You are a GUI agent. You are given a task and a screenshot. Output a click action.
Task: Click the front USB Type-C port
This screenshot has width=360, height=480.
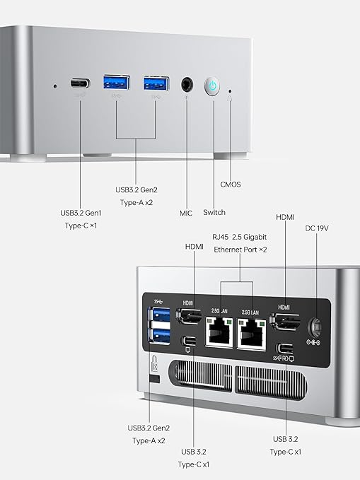[80, 83]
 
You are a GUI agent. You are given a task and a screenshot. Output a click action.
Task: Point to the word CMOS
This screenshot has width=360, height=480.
[230, 185]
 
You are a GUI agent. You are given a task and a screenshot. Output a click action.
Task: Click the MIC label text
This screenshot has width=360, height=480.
[186, 212]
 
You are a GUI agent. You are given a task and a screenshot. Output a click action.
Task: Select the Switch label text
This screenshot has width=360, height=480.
[214, 212]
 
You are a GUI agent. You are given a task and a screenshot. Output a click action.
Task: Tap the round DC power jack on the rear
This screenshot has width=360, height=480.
[315, 327]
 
